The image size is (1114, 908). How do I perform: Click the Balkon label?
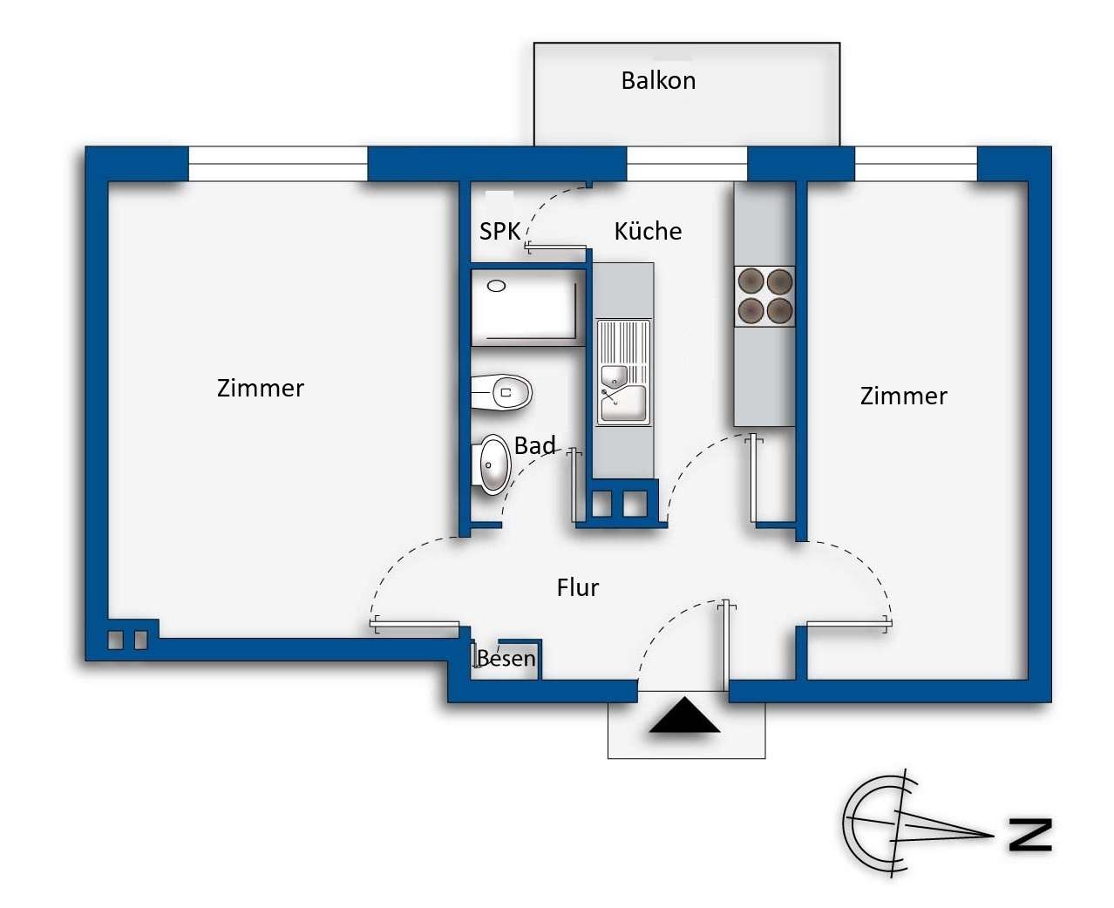point(657,80)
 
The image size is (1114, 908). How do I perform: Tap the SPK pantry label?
point(499,232)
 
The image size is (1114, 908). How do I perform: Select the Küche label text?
point(648,231)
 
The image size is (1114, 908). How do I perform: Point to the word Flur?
point(577,587)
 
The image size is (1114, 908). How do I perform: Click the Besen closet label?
point(506,658)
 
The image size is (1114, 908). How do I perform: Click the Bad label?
point(534,445)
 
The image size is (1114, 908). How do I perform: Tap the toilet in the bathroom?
point(500,392)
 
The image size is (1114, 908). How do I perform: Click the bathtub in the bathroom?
point(527,308)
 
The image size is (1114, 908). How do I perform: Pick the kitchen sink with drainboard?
point(624,372)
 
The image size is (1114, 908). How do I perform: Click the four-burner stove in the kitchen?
point(764,296)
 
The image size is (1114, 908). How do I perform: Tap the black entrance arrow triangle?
point(684,715)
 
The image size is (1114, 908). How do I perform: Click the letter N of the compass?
point(1030,835)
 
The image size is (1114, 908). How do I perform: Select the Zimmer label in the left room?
point(261,389)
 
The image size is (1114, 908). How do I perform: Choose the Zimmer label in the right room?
point(903,396)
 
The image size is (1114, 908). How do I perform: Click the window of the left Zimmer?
point(278,164)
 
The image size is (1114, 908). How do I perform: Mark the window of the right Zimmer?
point(916,164)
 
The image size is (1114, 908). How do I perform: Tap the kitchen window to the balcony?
point(687,164)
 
